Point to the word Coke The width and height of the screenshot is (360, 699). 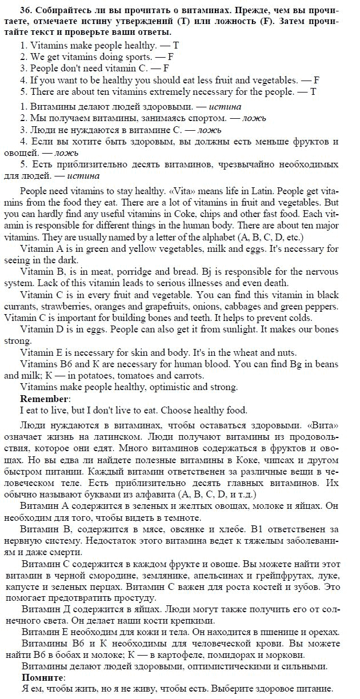click(165, 215)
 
